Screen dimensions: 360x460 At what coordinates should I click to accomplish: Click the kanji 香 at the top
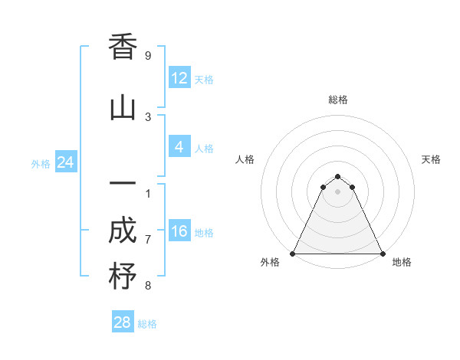point(123,48)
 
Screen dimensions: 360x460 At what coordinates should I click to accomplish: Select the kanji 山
point(123,108)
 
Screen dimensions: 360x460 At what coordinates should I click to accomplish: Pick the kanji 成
point(123,232)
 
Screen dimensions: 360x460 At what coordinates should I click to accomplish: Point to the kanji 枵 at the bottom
point(123,277)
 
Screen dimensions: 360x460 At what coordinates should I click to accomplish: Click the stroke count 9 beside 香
point(148,56)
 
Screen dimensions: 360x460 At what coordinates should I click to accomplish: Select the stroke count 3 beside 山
point(148,116)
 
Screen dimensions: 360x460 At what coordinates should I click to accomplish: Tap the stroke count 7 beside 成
point(148,239)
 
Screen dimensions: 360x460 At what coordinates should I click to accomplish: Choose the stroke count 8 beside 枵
point(148,286)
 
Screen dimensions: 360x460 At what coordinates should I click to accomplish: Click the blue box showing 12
point(179,78)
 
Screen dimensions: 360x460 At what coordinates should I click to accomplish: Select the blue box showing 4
point(179,147)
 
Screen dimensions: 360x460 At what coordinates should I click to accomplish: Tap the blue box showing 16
point(179,231)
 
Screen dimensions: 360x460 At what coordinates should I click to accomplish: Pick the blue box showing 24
point(65,162)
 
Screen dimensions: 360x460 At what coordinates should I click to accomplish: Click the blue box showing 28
point(123,322)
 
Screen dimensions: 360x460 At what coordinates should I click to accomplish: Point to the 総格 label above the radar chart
point(338,100)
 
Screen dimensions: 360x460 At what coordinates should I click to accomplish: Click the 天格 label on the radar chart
point(431,159)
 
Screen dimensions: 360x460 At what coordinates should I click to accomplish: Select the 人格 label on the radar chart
point(245,159)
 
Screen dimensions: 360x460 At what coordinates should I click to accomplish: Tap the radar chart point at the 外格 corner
point(293,254)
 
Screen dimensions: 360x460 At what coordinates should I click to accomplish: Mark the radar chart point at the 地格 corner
point(382,254)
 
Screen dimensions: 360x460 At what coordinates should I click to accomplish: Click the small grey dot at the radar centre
point(337,191)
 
